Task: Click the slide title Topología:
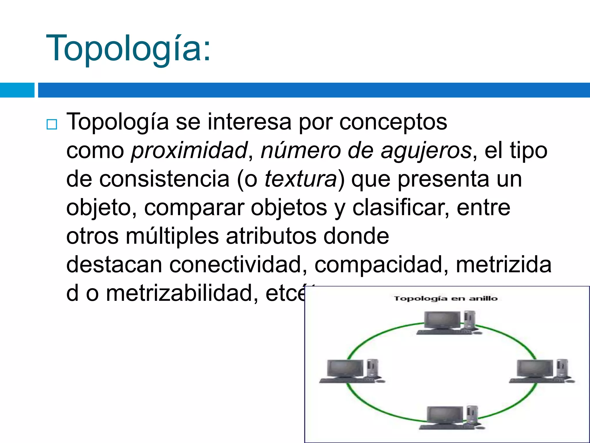click(128, 48)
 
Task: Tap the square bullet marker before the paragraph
click(52, 124)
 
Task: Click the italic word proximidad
click(189, 150)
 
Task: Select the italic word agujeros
click(426, 150)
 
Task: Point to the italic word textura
click(300, 179)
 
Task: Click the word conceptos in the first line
click(393, 122)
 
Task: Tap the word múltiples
click(172, 236)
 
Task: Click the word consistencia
click(164, 179)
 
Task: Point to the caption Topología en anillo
click(446, 299)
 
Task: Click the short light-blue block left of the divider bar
click(17, 90)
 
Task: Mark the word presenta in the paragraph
click(444, 179)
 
